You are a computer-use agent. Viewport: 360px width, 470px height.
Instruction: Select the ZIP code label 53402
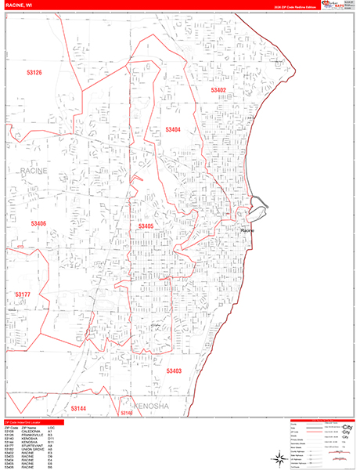(218, 91)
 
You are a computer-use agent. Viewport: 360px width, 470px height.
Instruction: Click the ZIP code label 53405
(146, 226)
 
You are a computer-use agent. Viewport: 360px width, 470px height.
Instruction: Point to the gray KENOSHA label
(152, 408)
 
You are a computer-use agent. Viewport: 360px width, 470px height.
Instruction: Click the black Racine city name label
(248, 231)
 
